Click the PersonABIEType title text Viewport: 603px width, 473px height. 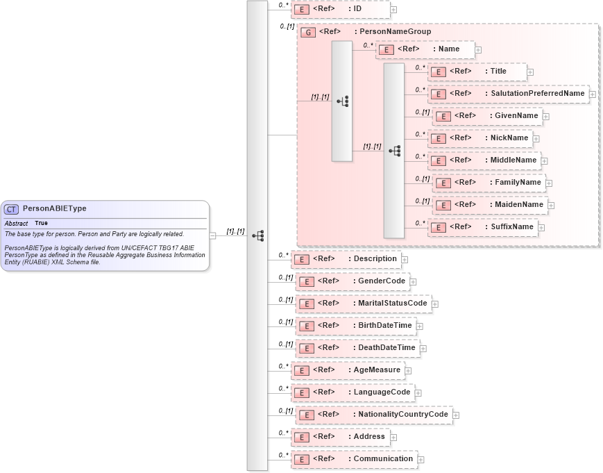pos(55,208)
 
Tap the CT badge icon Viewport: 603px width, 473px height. pos(12,209)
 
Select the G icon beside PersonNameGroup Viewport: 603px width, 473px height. pos(308,32)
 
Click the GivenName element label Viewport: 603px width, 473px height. pos(516,116)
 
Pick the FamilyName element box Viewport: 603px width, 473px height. pos(489,183)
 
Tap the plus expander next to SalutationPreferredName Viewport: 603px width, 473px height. pos(593,94)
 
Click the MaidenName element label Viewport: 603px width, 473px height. pos(519,205)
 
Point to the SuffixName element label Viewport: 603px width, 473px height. pos(511,227)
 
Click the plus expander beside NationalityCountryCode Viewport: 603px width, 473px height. pos(456,415)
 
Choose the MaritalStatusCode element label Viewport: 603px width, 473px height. pos(392,304)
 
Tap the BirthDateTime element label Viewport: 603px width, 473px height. pos(384,326)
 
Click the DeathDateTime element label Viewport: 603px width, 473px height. pos(387,348)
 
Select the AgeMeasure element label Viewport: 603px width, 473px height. pos(377,370)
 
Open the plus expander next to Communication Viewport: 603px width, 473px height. pos(421,460)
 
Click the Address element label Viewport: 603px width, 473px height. pos(369,437)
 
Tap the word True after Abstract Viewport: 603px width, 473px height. pos(42,224)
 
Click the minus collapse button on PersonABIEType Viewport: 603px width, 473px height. pos(212,235)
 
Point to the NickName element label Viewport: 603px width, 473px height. pos(509,138)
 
